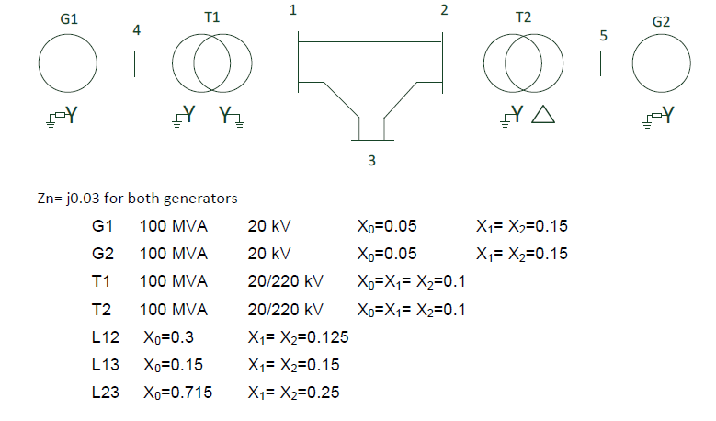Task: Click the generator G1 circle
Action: click(x=68, y=63)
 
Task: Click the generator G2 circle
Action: click(x=661, y=63)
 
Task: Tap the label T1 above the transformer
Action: click(x=211, y=17)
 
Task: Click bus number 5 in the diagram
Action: click(x=603, y=36)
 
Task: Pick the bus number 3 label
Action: click(x=371, y=161)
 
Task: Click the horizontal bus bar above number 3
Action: click(x=372, y=140)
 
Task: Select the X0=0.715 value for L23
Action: click(x=177, y=393)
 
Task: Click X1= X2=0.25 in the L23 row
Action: click(x=293, y=393)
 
